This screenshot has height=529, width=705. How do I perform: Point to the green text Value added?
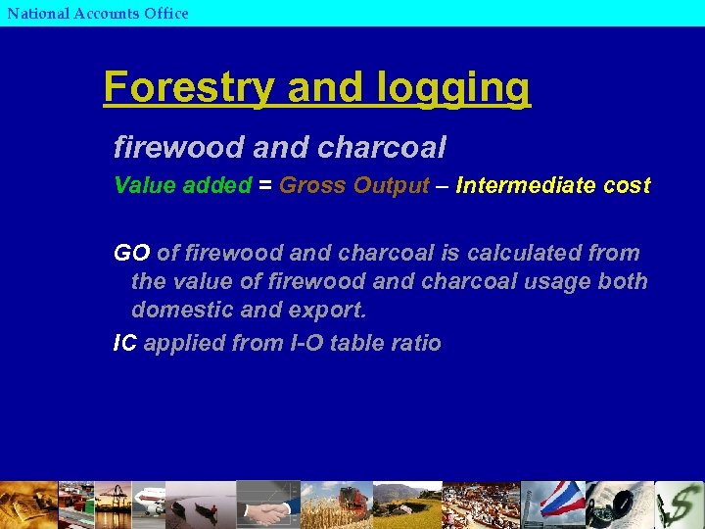(182, 185)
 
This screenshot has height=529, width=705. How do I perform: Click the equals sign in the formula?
(264, 185)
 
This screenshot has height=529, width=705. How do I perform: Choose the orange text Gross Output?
(354, 185)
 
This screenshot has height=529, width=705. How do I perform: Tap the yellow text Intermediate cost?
(553, 185)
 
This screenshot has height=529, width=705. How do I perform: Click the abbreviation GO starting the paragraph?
(131, 253)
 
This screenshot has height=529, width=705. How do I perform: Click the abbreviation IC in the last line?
(124, 343)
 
